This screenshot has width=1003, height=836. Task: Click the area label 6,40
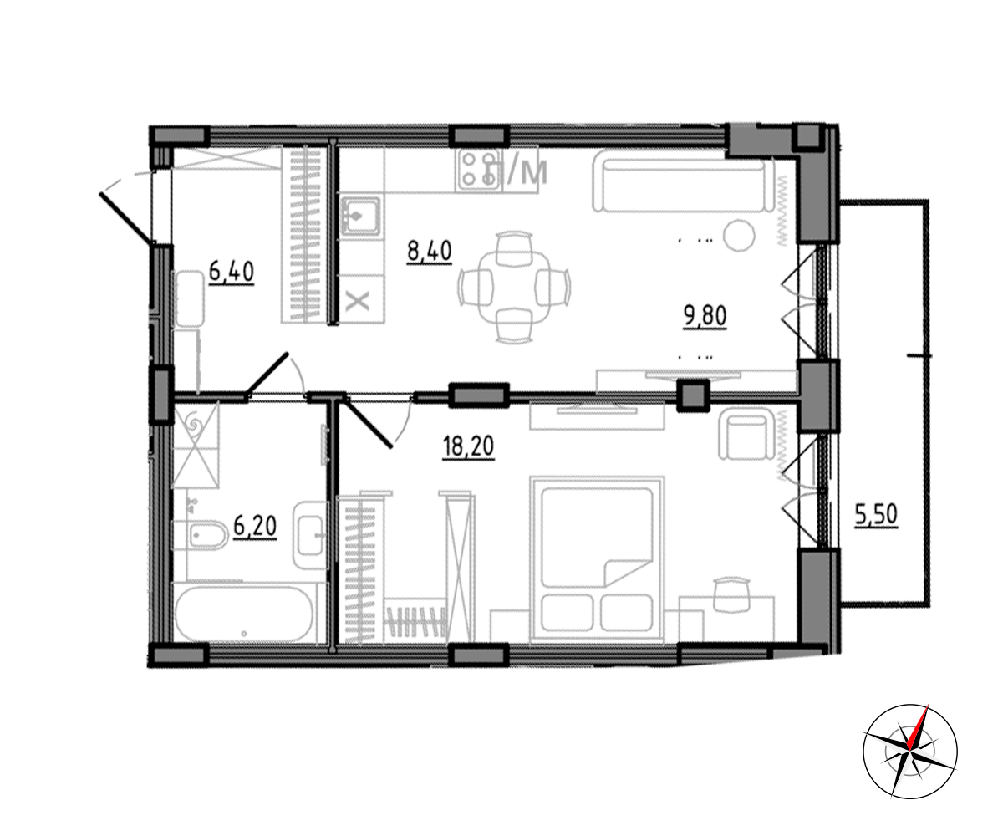pos(232,273)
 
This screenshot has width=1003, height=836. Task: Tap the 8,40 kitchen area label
pos(430,252)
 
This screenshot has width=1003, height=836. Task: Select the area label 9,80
pos(705,317)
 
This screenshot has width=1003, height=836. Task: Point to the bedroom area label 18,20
pos(468,447)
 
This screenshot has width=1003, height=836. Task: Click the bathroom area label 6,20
pos(255,527)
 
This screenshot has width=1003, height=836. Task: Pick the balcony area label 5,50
pos(876,515)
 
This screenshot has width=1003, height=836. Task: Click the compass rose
pos(910,752)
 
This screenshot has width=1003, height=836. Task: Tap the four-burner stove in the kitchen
pos(478,170)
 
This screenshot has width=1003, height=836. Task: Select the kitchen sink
pos(360,217)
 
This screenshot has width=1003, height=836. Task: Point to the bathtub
pos(244,614)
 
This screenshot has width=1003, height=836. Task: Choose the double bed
pos(597,560)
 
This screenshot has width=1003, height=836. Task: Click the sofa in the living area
pos(684,186)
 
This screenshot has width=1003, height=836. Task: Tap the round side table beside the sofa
pos(740,236)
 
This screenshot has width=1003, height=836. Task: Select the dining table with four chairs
pos(515,288)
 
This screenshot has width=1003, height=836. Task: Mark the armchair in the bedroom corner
pos(746,437)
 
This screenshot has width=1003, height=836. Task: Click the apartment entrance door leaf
pos(128,217)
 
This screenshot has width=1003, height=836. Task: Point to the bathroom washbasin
pos(310,536)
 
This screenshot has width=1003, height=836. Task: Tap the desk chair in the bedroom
pos(732,594)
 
